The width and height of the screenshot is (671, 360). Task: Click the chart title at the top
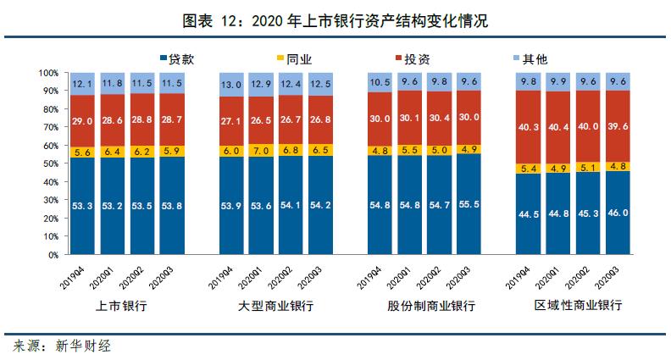pyautogui.click(x=335, y=20)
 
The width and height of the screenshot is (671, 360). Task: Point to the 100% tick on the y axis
pyautogui.click(x=49, y=74)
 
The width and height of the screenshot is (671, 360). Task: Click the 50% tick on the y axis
pyautogui.click(x=51, y=163)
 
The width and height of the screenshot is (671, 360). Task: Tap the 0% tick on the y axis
pyautogui.click(x=53, y=254)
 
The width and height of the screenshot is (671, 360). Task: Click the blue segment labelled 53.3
pyautogui.click(x=82, y=206)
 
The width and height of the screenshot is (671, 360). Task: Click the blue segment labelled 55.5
pyautogui.click(x=469, y=204)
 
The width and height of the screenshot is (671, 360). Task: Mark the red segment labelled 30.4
pyautogui.click(x=439, y=118)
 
